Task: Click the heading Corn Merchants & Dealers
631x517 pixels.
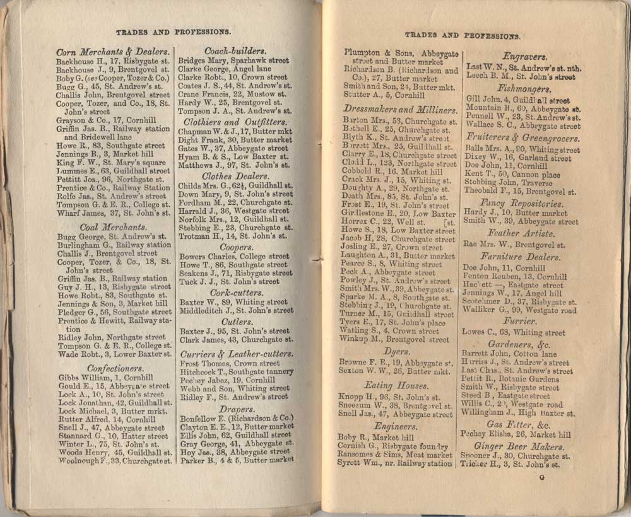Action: [112, 52]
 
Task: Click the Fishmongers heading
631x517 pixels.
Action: [524, 89]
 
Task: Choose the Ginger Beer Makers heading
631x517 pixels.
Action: [524, 446]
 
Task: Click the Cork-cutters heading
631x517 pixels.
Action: [234, 293]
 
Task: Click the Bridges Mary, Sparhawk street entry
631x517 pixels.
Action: [233, 61]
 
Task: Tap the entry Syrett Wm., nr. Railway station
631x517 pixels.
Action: [398, 463]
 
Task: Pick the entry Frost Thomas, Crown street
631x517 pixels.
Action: [230, 364]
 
